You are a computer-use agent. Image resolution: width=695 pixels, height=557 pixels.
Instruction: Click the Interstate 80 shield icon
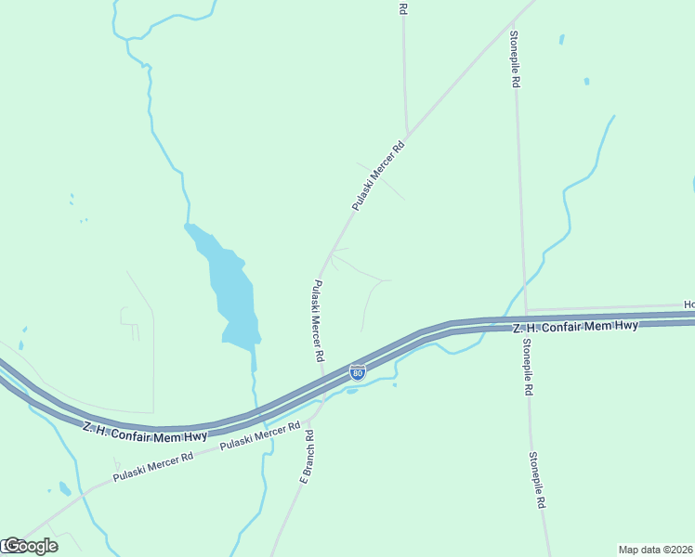[357, 372]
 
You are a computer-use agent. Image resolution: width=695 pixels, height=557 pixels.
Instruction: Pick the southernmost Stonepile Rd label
[538, 480]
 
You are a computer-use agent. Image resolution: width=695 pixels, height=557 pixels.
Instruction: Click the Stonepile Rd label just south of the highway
[527, 367]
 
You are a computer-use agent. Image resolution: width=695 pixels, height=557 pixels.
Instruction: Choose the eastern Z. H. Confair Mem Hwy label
[576, 326]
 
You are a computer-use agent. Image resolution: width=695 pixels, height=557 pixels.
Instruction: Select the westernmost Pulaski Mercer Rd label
[153, 467]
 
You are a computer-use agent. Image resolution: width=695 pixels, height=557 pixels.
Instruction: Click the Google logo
[30, 546]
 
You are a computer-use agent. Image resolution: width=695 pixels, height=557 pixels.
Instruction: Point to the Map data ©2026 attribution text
[655, 549]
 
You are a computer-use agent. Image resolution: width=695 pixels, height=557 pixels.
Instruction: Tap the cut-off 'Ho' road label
[688, 304]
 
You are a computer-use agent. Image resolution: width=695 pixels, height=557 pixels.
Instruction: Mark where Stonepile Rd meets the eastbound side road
[526, 310]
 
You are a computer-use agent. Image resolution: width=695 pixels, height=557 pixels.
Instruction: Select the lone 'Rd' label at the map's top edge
[403, 8]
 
